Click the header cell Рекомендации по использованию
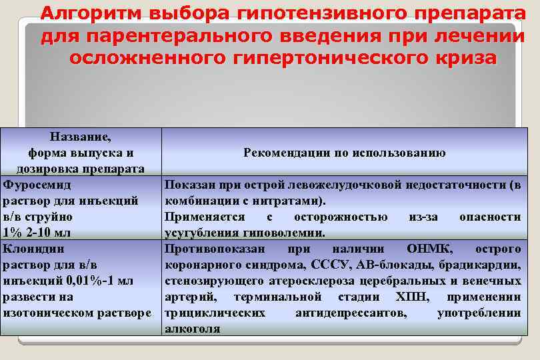coord(344,153)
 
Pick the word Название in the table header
coord(81,137)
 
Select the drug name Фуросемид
coord(37,184)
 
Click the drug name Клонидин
coord(34,249)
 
